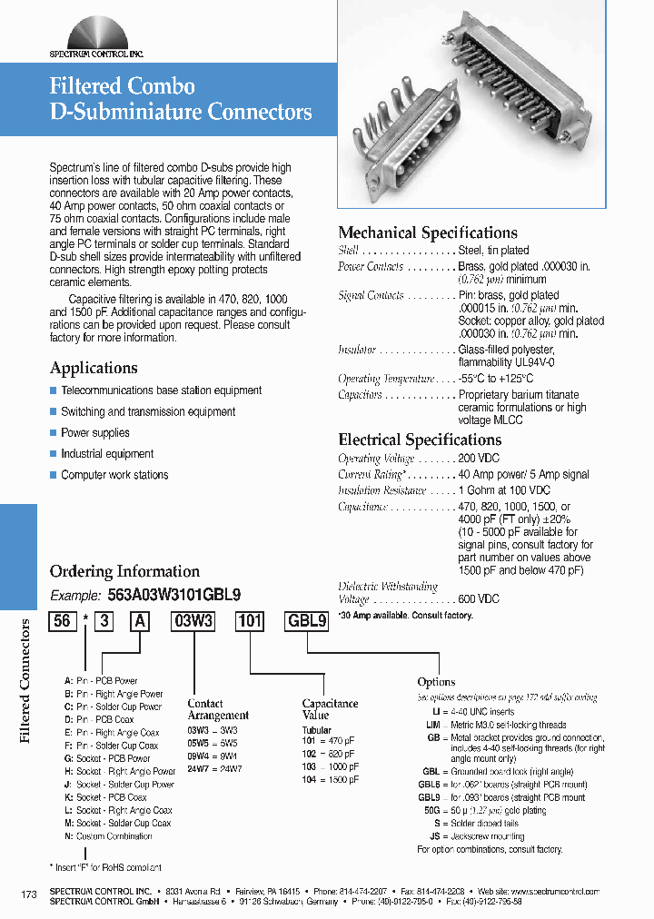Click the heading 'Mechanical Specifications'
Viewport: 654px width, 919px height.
click(x=427, y=232)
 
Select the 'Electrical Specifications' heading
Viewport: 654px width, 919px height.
click(x=419, y=440)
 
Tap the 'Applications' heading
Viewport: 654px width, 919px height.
click(x=94, y=368)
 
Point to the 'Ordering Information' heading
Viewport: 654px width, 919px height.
click(x=124, y=571)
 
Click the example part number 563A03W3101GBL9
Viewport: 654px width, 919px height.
click(x=174, y=596)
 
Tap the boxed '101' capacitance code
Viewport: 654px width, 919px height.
click(x=249, y=622)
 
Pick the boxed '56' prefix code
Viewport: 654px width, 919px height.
click(x=62, y=622)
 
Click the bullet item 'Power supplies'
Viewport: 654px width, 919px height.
click(x=95, y=433)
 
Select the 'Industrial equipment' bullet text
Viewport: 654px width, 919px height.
click(x=107, y=454)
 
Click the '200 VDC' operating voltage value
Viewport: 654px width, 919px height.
click(x=479, y=459)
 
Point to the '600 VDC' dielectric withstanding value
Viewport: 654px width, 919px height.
click(x=479, y=599)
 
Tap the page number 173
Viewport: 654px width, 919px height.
click(x=29, y=895)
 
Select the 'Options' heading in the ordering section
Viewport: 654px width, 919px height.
click(x=436, y=682)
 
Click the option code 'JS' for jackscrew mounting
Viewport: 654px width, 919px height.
click(x=434, y=836)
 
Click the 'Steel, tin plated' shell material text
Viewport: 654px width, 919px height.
click(x=493, y=251)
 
